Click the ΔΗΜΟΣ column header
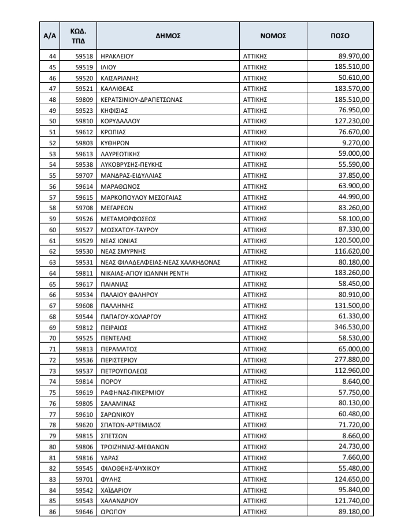click(168, 35)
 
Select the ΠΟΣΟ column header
click(340, 35)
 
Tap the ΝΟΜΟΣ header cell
click(273, 35)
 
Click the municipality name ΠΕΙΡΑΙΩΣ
click(114, 327)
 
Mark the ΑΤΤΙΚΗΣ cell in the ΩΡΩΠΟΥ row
click(257, 511)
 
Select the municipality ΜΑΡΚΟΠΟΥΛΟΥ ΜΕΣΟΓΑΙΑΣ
click(141, 197)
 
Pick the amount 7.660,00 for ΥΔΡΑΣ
click(357, 457)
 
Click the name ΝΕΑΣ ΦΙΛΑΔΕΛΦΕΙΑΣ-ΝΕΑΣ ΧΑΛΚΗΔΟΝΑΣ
click(160, 262)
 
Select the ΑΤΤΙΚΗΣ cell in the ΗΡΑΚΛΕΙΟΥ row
click(257, 56)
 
